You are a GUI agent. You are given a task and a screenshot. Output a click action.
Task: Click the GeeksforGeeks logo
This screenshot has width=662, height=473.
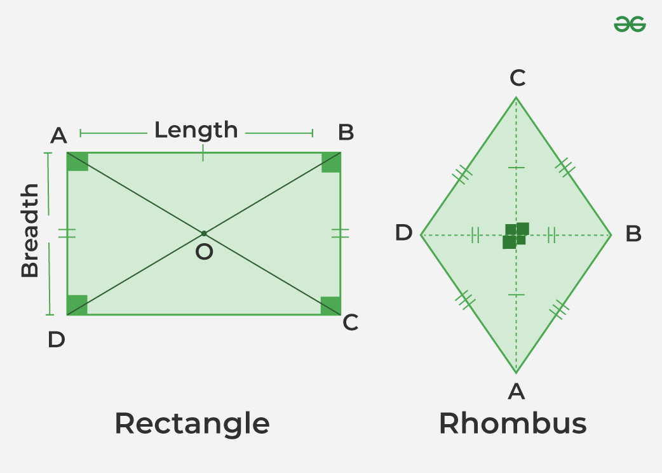(x=630, y=25)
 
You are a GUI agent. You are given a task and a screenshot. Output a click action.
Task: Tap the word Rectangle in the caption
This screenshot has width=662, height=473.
(x=192, y=423)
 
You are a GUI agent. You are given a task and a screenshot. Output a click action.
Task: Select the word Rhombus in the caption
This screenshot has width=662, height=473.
(x=512, y=423)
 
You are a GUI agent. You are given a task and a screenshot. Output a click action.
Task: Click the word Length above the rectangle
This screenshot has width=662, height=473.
(x=196, y=130)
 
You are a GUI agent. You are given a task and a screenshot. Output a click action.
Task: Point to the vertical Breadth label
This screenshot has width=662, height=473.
(x=30, y=230)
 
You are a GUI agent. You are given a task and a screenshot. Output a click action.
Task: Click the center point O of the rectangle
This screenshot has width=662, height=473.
(x=203, y=234)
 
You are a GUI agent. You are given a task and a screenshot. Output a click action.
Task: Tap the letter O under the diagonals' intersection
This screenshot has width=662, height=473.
(x=204, y=252)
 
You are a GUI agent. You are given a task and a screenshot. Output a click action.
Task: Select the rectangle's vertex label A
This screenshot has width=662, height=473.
(x=58, y=135)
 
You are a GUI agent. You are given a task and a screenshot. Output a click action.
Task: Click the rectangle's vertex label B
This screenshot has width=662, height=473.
(x=346, y=133)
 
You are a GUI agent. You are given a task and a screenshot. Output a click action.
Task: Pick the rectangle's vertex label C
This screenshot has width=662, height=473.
(x=351, y=323)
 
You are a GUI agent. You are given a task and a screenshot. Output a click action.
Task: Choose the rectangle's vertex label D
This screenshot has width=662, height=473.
(x=56, y=340)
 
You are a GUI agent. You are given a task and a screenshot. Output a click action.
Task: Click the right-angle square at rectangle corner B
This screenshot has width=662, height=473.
(x=331, y=162)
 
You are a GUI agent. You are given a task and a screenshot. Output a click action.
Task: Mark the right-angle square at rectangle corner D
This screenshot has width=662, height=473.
(x=77, y=305)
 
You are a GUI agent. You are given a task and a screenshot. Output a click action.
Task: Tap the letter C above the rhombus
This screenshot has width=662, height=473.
(x=517, y=79)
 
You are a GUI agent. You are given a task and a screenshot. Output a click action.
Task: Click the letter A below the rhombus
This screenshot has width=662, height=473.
(x=517, y=392)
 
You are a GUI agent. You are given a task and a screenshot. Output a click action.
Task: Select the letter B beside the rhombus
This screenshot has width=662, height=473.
(x=633, y=234)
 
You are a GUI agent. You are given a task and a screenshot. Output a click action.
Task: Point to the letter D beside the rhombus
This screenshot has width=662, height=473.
(x=404, y=233)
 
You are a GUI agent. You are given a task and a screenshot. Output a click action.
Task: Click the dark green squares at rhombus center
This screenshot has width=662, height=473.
(x=516, y=236)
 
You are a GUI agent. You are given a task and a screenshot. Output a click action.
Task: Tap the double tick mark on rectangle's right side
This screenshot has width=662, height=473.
(x=341, y=233)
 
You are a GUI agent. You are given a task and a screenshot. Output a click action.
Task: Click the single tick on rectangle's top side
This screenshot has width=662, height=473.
(x=203, y=153)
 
